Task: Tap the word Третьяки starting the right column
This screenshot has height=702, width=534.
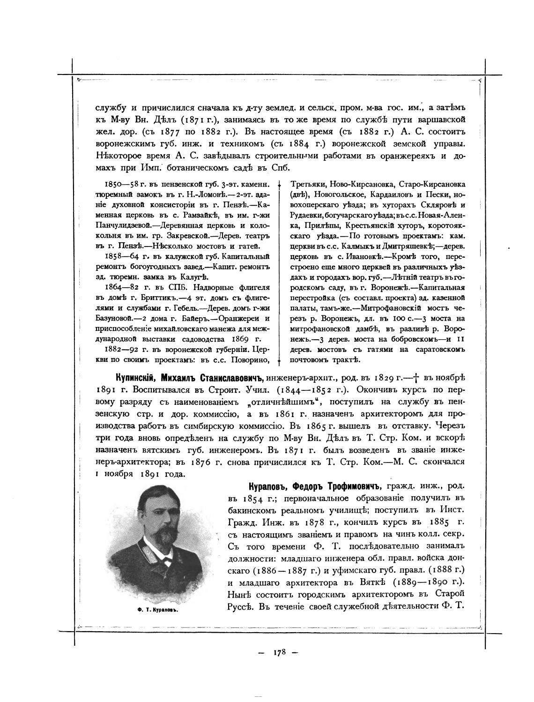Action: click(x=307, y=184)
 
